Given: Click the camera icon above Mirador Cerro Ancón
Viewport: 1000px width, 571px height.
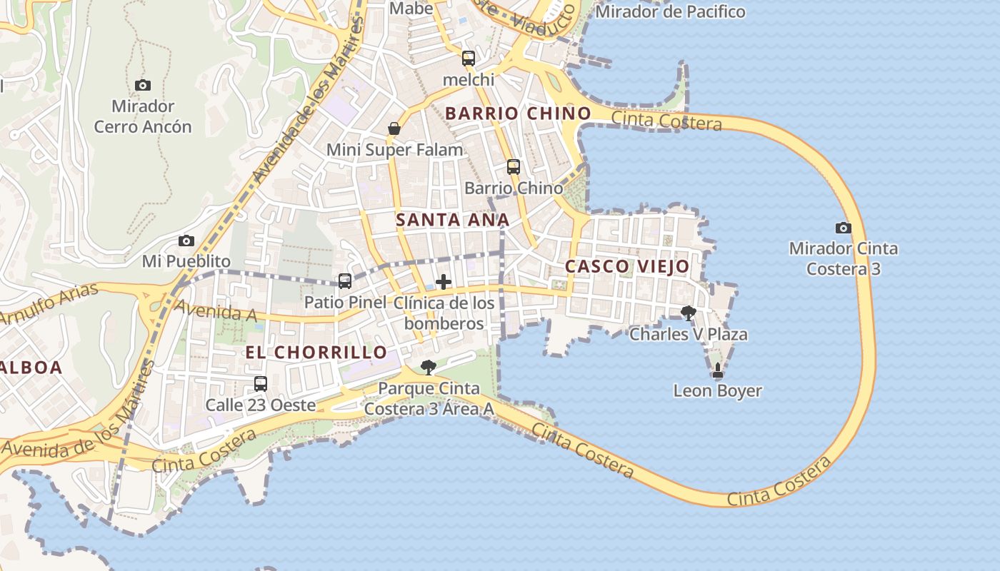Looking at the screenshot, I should (x=143, y=85).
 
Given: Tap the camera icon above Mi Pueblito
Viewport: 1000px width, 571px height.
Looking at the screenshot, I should (x=186, y=241).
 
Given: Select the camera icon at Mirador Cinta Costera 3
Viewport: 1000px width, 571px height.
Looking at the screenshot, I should (x=844, y=228).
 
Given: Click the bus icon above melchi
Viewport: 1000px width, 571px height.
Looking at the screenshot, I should (x=469, y=59).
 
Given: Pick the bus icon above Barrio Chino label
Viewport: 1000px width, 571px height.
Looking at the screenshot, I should (x=514, y=167).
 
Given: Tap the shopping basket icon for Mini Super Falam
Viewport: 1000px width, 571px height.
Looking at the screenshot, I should (x=394, y=128).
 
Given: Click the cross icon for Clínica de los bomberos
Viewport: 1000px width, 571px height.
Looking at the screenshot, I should (x=444, y=282).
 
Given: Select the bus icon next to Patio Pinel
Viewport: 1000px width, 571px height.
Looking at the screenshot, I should (x=345, y=281).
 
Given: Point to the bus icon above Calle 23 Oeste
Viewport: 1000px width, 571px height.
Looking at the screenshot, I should (x=261, y=384).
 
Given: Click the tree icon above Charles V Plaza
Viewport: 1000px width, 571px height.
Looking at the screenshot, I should (x=689, y=313).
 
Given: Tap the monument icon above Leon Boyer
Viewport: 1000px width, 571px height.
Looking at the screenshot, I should (x=718, y=370).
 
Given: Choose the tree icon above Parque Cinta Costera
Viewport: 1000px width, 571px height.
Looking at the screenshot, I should (x=429, y=368).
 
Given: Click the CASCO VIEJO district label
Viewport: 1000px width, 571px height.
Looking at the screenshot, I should (x=627, y=267).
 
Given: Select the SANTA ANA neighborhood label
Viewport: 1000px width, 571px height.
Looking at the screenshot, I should (x=452, y=220).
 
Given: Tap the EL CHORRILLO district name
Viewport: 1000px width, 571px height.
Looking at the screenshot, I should (x=316, y=352).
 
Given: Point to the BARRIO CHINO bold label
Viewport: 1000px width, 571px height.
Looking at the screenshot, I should (x=518, y=113).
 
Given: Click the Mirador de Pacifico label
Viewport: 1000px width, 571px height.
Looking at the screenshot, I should (x=670, y=11).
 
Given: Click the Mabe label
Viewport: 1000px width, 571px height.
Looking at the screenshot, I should (x=411, y=9).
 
